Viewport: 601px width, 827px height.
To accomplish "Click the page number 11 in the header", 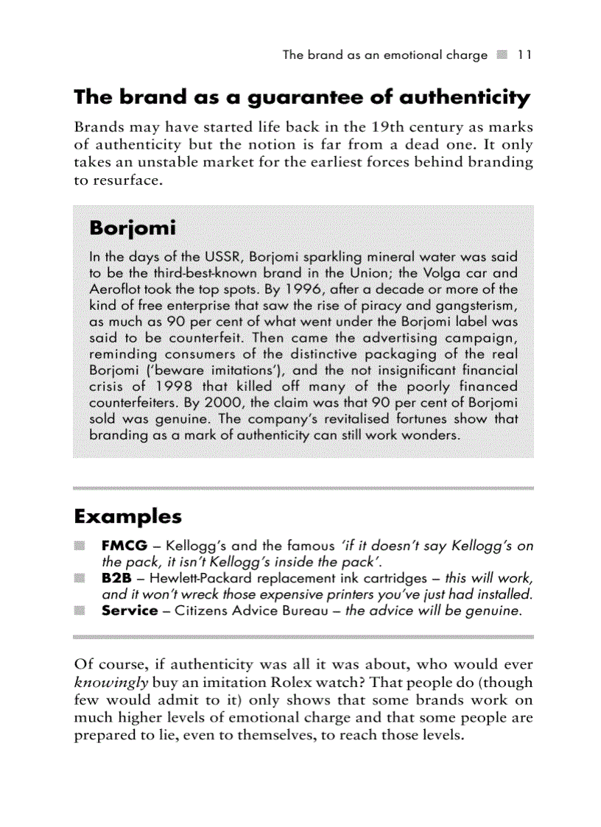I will tap(524, 55).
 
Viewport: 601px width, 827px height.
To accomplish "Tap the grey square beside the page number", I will tap(502, 55).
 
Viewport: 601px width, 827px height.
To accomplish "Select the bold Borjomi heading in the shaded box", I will tap(132, 228).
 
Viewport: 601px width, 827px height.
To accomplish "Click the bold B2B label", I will tap(116, 579).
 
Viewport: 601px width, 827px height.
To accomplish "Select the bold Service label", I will tap(130, 610).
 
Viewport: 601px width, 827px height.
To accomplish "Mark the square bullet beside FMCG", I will tap(79, 546).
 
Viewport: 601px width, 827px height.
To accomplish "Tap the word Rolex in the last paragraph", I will tap(305, 682).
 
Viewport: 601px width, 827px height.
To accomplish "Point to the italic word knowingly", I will tap(110, 682).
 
